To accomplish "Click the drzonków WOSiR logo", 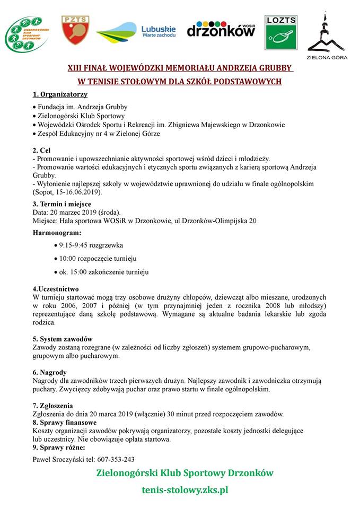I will click(x=221, y=29).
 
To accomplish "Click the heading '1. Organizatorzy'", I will click(x=60, y=94).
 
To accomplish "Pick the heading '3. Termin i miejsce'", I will click(x=62, y=204).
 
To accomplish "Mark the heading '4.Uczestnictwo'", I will click(x=56, y=289).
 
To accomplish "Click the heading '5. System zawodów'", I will click(x=63, y=339).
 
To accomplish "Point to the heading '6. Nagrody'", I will click(x=49, y=373).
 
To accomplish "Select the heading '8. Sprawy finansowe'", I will click(x=65, y=423).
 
